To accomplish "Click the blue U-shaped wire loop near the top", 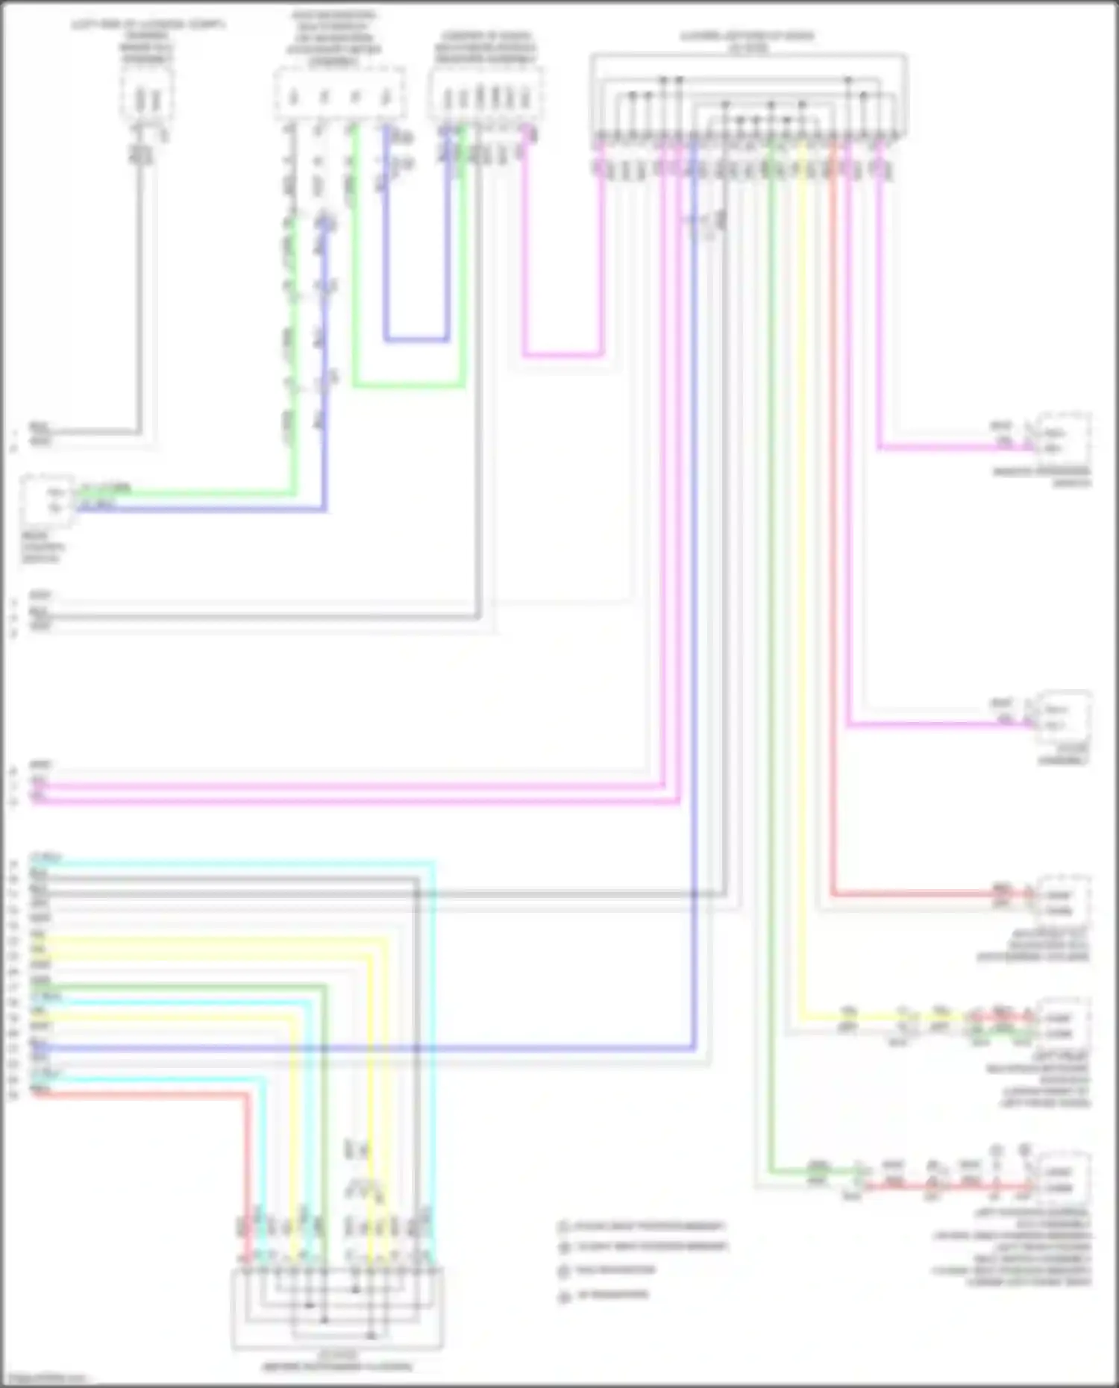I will point(416,340).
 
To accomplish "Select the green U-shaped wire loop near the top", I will point(409,386).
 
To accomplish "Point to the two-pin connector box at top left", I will point(147,95).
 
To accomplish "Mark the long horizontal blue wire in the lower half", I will point(373,1048).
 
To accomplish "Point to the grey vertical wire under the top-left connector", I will point(139,298).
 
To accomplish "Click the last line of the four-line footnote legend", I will point(612,1294).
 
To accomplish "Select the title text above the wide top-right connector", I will point(747,41).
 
